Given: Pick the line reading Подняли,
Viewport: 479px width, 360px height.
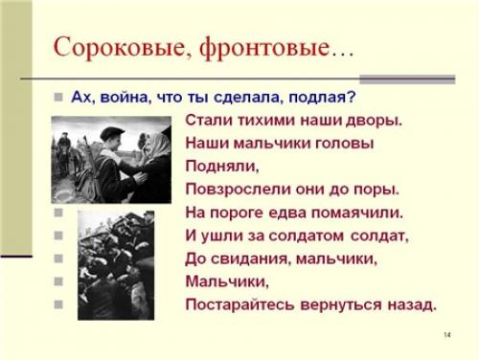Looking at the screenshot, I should point(214,167).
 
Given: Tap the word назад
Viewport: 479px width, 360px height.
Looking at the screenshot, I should point(413,304).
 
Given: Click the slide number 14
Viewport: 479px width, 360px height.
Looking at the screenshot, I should point(447,335).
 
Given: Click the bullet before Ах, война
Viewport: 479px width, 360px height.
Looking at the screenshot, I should point(58,97).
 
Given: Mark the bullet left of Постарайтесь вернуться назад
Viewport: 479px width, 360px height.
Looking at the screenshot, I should point(58,304).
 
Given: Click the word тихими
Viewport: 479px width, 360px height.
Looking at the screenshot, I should point(264,121).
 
